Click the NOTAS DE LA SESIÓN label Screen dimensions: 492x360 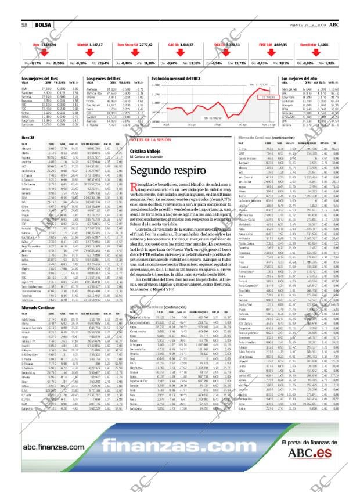point(150,140)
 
